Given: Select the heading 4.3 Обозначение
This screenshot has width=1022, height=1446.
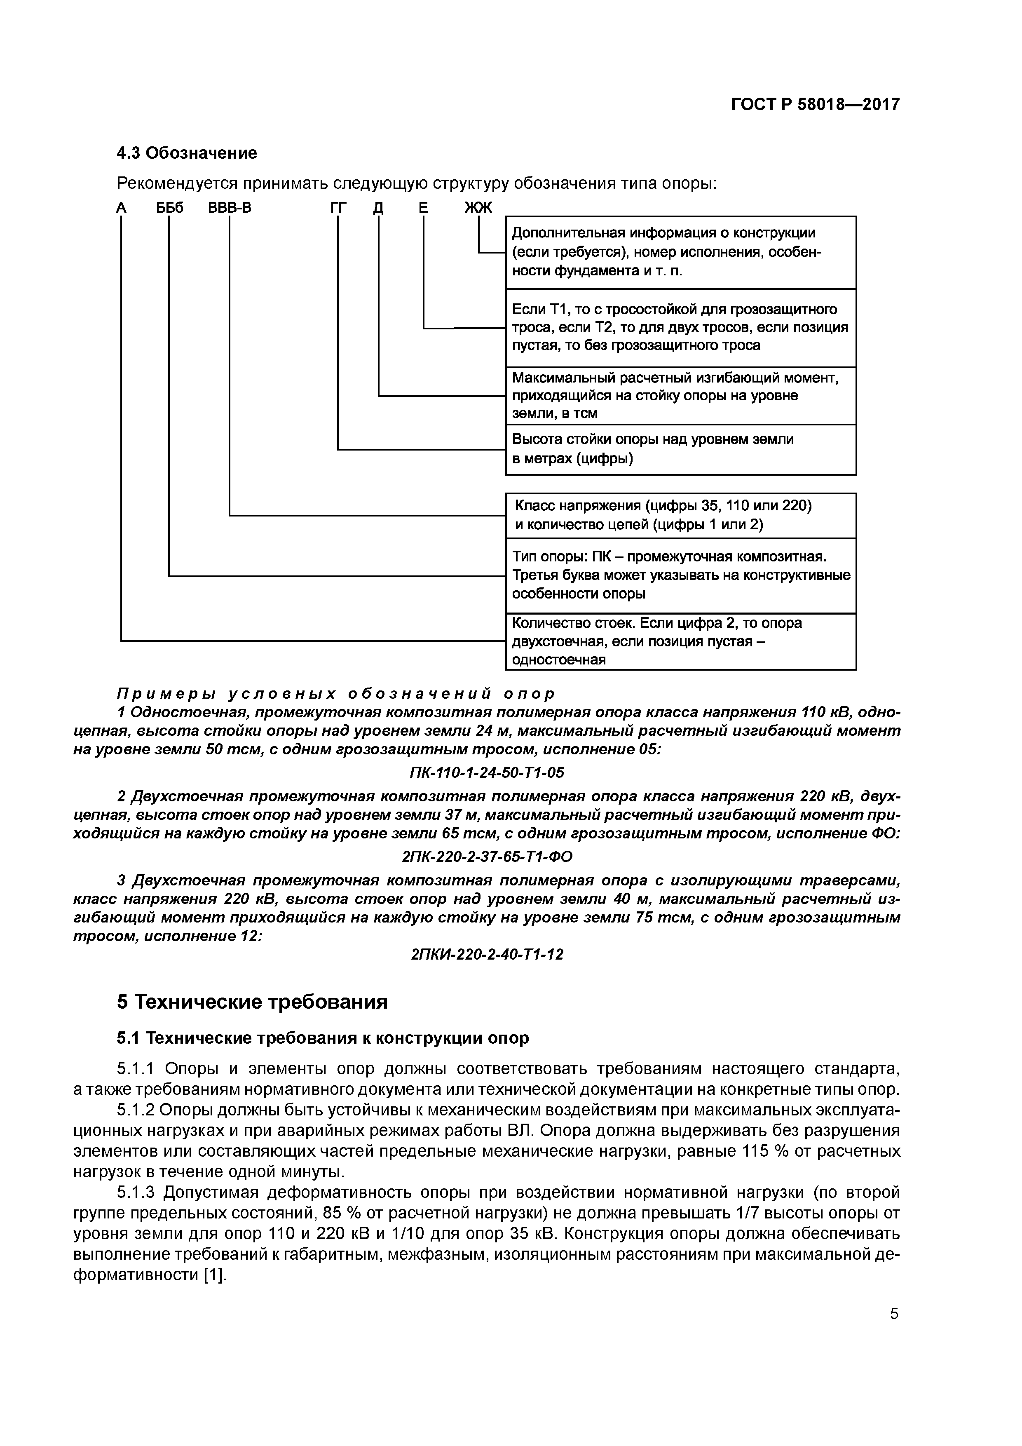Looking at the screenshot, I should pyautogui.click(x=187, y=153).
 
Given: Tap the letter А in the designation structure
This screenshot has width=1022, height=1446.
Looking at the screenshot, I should pyautogui.click(x=122, y=208).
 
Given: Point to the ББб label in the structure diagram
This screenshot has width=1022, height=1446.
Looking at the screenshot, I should pyautogui.click(x=170, y=208).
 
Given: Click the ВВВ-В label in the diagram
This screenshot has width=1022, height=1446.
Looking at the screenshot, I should pyautogui.click(x=230, y=208).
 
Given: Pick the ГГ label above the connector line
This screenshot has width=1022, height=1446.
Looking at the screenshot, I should pyautogui.click(x=338, y=208).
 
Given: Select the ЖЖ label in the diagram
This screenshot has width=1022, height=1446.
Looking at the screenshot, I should pyautogui.click(x=478, y=208).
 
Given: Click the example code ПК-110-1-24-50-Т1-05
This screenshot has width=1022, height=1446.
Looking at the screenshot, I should pyautogui.click(x=487, y=772).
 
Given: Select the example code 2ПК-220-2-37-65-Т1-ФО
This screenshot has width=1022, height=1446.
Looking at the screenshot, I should pyautogui.click(x=487, y=857).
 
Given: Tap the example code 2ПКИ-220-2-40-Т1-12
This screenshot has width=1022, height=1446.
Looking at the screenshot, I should pyautogui.click(x=487, y=955).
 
